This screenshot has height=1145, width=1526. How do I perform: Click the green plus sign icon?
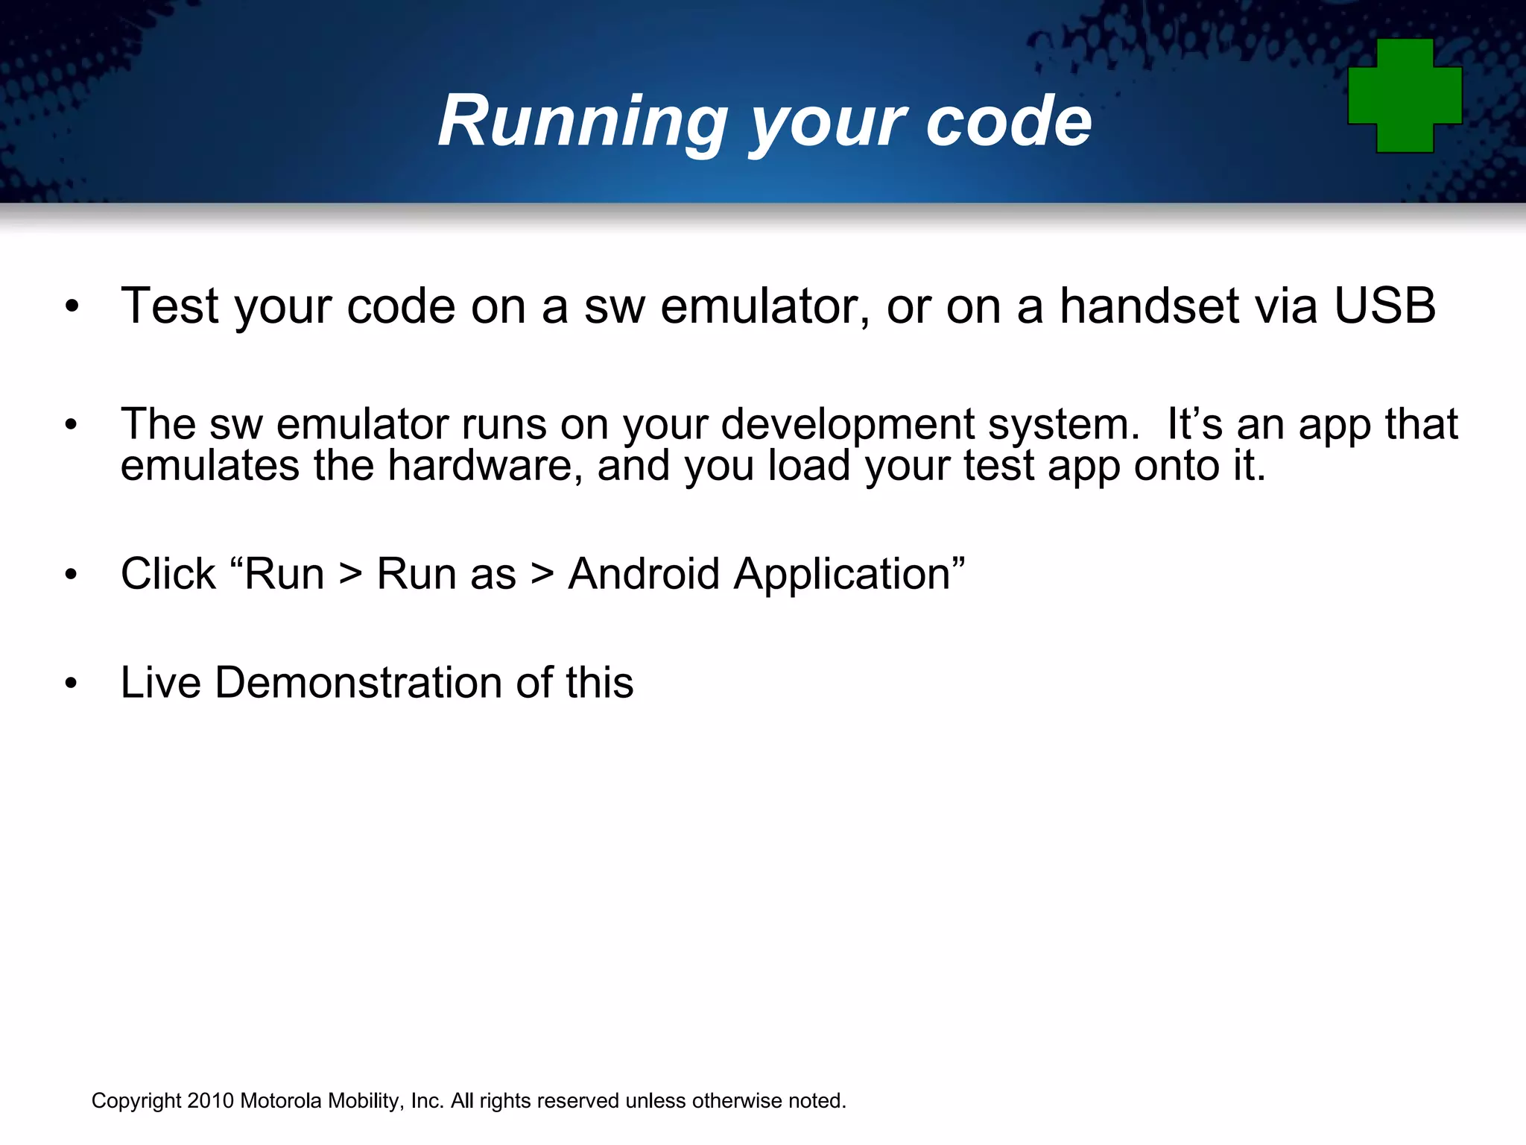point(1405,95)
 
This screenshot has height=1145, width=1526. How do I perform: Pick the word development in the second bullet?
point(847,425)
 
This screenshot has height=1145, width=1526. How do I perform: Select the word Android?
point(644,574)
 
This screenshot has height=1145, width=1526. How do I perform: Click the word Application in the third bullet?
point(842,574)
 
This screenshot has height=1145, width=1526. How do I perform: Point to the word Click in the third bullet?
point(168,574)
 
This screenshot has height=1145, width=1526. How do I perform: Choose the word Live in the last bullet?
point(160,682)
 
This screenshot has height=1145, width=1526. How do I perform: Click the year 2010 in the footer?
point(211,1101)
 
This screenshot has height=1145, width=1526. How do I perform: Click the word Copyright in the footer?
point(136,1101)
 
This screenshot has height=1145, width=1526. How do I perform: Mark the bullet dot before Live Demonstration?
point(71,684)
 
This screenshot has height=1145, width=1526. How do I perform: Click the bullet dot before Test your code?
point(71,306)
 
